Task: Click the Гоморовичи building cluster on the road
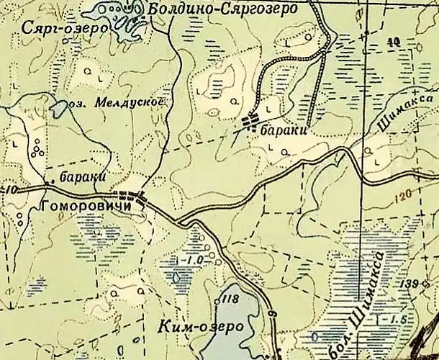(131, 195)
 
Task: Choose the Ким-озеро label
(199, 326)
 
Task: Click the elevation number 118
(230, 299)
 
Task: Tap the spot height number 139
(411, 283)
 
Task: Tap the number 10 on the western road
(9, 189)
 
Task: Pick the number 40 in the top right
(392, 42)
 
